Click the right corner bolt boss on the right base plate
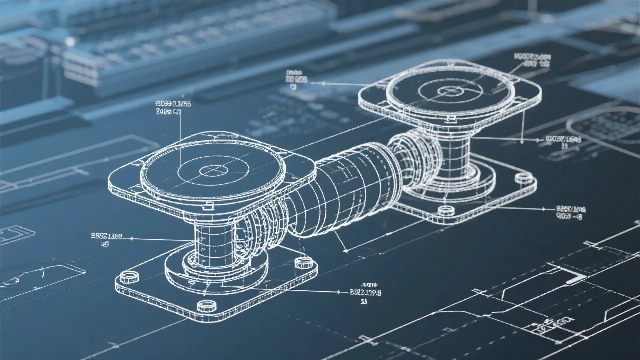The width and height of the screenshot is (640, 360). pos(523,177)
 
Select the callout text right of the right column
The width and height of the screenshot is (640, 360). pos(563,142)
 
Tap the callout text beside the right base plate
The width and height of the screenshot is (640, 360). pos(570,213)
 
